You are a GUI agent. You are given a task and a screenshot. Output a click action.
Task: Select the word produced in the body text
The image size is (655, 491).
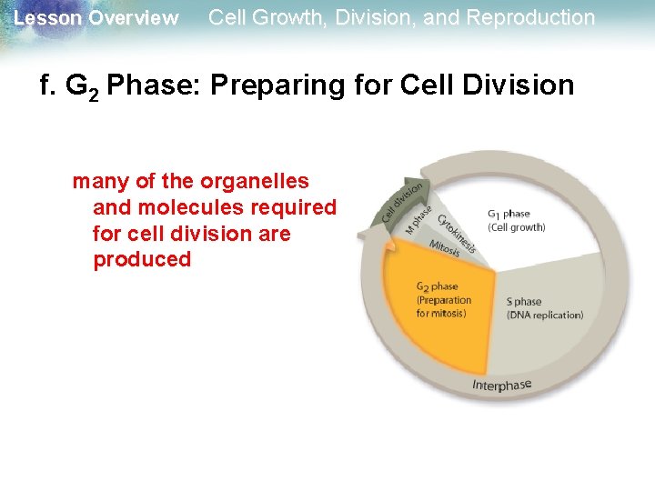tap(142, 259)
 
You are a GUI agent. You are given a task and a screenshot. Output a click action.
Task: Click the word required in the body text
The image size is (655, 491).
tap(294, 207)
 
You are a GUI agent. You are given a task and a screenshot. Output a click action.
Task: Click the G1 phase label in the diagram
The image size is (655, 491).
tap(509, 214)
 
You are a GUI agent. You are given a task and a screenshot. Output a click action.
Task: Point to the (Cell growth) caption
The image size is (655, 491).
tap(516, 227)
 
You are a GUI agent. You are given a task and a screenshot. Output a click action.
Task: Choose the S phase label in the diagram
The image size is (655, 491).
tap(524, 301)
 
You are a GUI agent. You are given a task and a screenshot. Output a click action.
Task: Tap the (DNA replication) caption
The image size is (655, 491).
tap(544, 315)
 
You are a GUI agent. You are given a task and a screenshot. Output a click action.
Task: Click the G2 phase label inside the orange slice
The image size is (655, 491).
tap(437, 286)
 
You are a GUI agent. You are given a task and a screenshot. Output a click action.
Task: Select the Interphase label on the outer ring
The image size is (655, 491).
tap(501, 385)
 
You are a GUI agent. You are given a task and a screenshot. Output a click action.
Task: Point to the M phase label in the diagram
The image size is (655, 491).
tap(418, 221)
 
